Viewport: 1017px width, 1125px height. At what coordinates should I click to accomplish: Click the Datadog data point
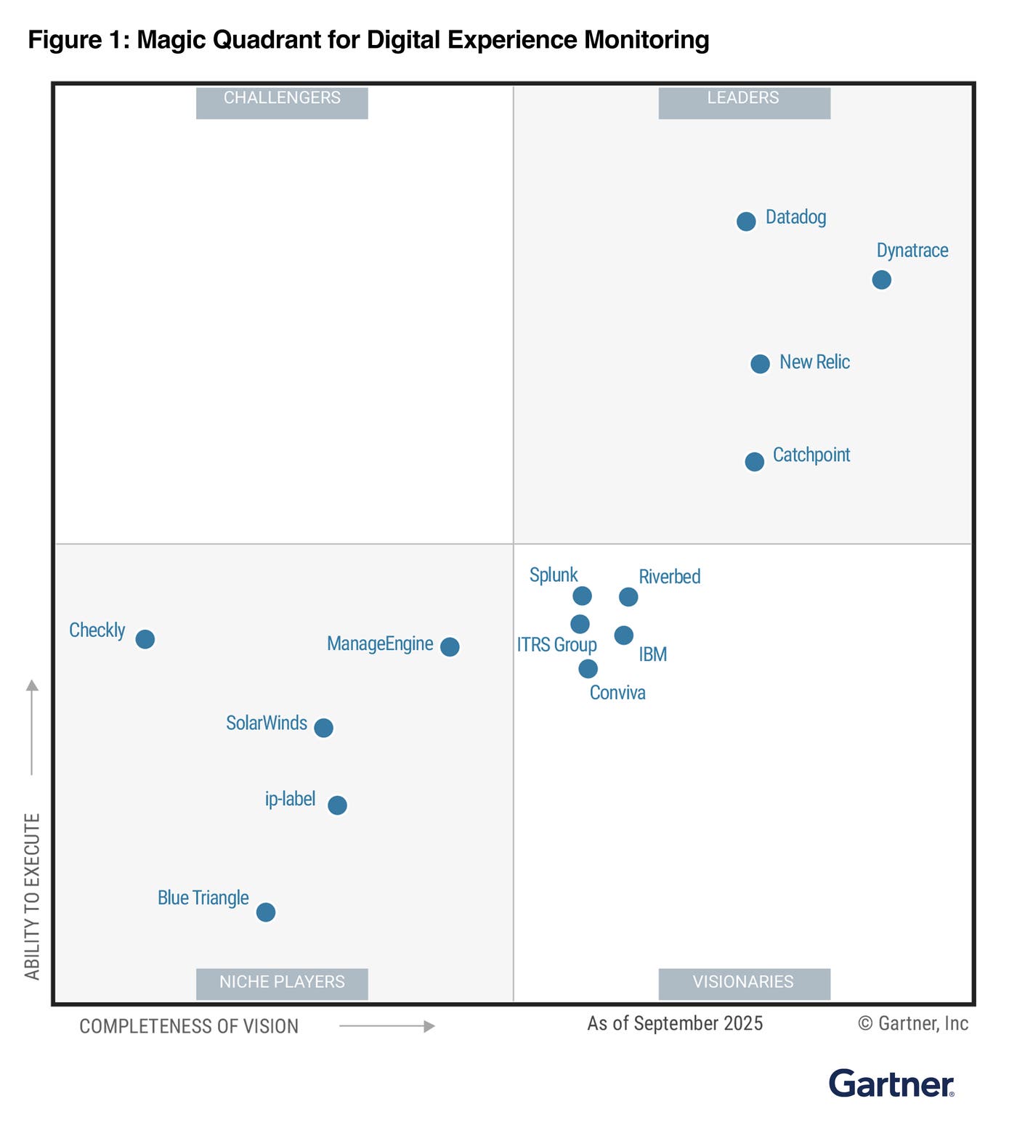click(x=746, y=222)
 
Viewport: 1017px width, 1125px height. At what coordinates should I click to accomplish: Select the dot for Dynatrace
click(x=881, y=280)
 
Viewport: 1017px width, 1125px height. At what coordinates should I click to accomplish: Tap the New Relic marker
click(x=760, y=364)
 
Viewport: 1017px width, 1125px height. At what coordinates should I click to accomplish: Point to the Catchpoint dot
click(x=755, y=461)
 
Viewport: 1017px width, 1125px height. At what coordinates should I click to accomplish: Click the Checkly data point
click(x=145, y=639)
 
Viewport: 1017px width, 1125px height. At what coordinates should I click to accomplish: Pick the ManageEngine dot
click(x=450, y=646)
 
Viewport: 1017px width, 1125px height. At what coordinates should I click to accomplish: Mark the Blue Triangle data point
click(x=266, y=911)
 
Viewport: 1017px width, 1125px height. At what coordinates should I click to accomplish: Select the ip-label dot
click(x=337, y=805)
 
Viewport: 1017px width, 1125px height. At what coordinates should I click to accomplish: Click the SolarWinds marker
click(x=324, y=727)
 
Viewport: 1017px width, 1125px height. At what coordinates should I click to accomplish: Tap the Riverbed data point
click(x=628, y=596)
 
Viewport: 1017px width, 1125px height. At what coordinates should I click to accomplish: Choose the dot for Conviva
click(x=588, y=668)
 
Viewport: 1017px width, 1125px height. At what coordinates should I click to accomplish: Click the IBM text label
click(x=652, y=654)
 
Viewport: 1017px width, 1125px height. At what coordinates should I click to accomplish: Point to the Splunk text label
click(x=554, y=574)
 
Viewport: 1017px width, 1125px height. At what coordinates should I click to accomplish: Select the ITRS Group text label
click(x=556, y=645)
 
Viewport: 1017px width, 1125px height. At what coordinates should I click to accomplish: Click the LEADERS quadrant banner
click(x=744, y=102)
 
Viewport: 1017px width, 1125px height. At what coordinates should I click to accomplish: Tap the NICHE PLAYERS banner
click(x=282, y=983)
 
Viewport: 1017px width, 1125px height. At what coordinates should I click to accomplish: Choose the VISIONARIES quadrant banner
click(x=744, y=983)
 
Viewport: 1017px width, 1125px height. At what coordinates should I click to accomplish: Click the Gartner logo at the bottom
click(x=891, y=1084)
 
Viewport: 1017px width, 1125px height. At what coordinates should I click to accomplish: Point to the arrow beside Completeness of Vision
click(x=387, y=1026)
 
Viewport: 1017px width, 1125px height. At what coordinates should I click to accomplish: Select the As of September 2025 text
click(x=675, y=1023)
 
